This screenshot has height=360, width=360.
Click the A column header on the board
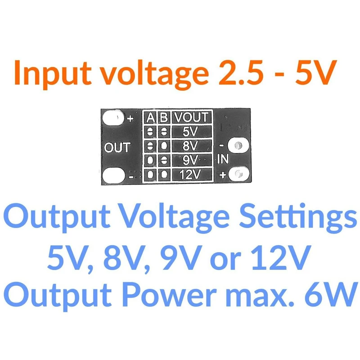(150, 117)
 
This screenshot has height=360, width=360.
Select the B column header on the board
(164, 117)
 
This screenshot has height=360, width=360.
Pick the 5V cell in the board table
(190, 132)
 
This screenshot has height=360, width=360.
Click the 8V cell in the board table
(190, 146)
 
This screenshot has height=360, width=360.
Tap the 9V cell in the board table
(190, 160)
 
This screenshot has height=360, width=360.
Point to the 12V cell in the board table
(190, 174)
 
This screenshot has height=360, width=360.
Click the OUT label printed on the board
(117, 148)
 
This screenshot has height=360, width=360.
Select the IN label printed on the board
(223, 159)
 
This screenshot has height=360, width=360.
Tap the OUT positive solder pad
(113, 117)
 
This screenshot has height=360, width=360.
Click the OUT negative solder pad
(113, 175)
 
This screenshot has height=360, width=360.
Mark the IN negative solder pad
(238, 145)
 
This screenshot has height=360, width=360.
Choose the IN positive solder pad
(239, 174)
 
